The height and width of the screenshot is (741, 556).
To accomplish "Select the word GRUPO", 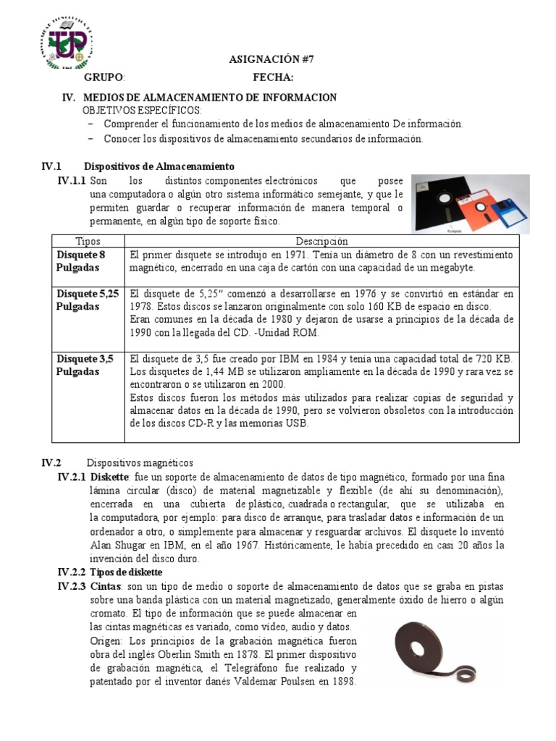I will point(104,78).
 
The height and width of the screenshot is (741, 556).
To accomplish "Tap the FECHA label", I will point(273,78).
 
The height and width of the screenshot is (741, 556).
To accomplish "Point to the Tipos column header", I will point(88,241).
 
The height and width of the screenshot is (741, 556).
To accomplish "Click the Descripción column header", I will point(321,241).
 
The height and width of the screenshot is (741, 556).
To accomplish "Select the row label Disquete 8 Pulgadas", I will point(81,261).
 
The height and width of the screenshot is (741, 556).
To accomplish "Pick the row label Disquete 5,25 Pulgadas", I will point(86,300).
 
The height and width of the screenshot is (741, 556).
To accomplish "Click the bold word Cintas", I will point(105,585).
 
